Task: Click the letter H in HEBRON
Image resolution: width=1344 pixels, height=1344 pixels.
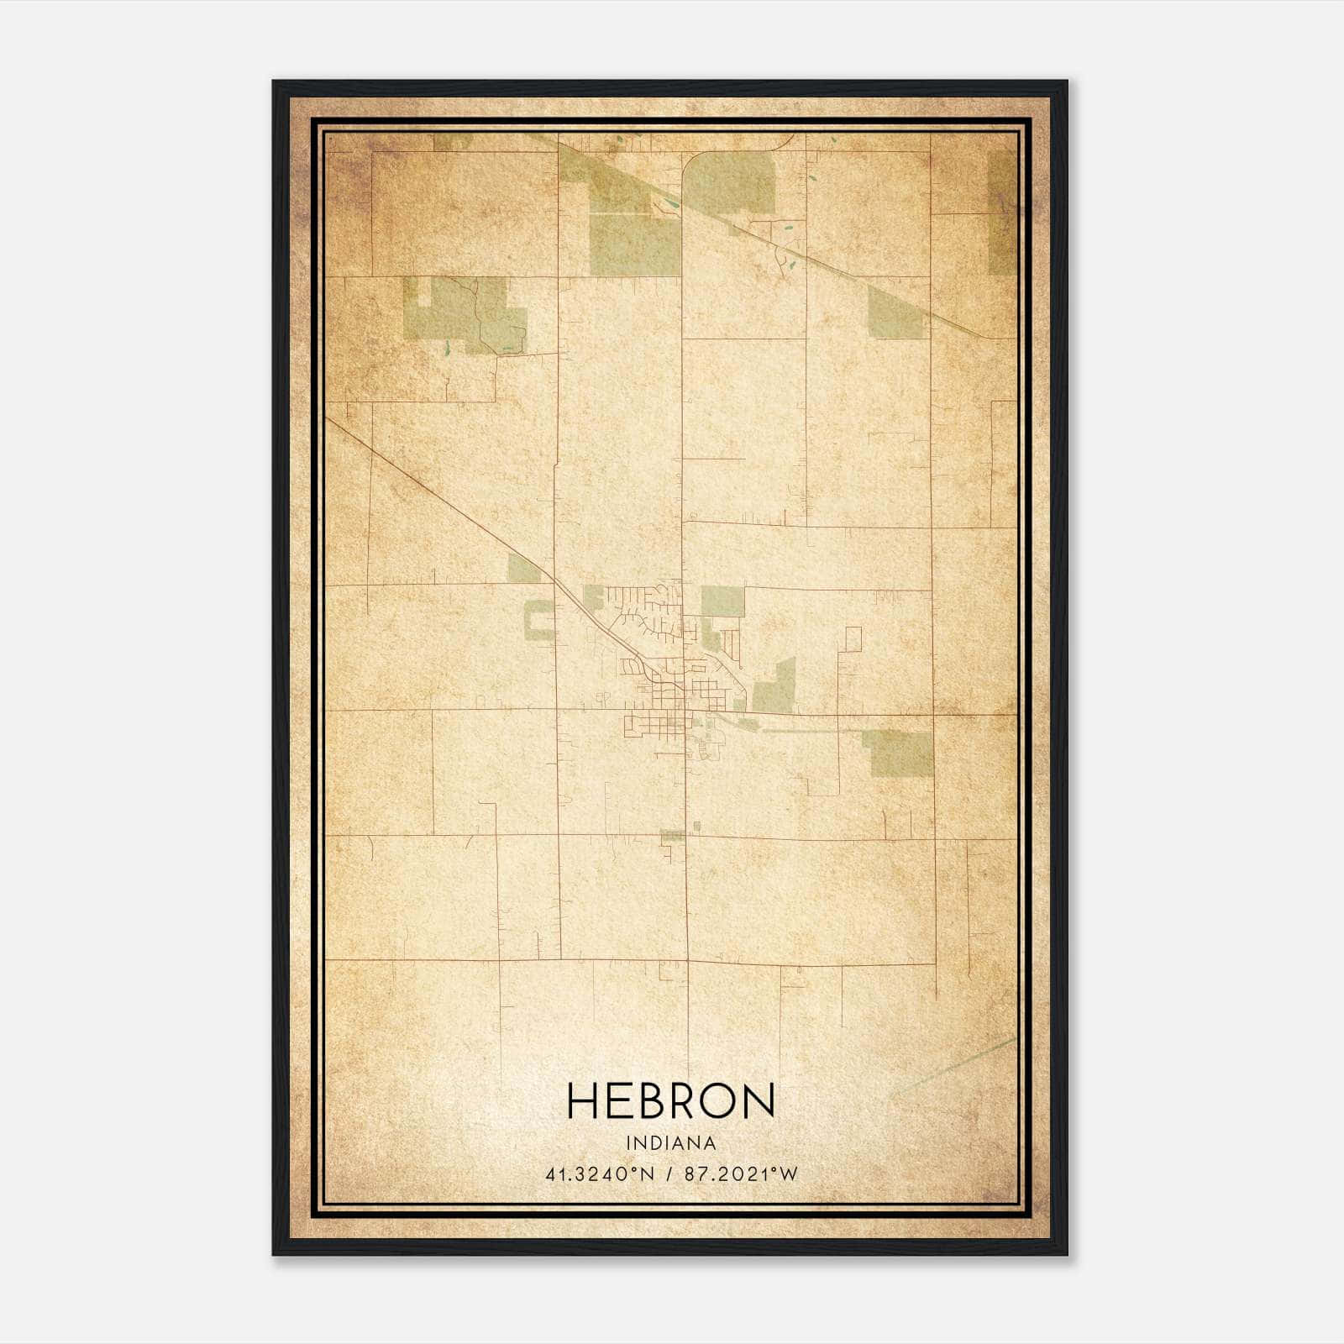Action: coord(584,1100)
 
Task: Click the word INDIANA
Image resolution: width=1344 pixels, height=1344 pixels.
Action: coord(671,1143)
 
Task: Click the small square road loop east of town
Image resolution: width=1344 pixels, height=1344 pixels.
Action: coord(853,639)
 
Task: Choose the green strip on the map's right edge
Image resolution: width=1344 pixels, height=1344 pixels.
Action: coord(1001,214)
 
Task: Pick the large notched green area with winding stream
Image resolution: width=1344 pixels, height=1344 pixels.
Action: coord(466,315)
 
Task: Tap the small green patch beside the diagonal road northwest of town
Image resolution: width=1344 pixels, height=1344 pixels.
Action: coord(524,570)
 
